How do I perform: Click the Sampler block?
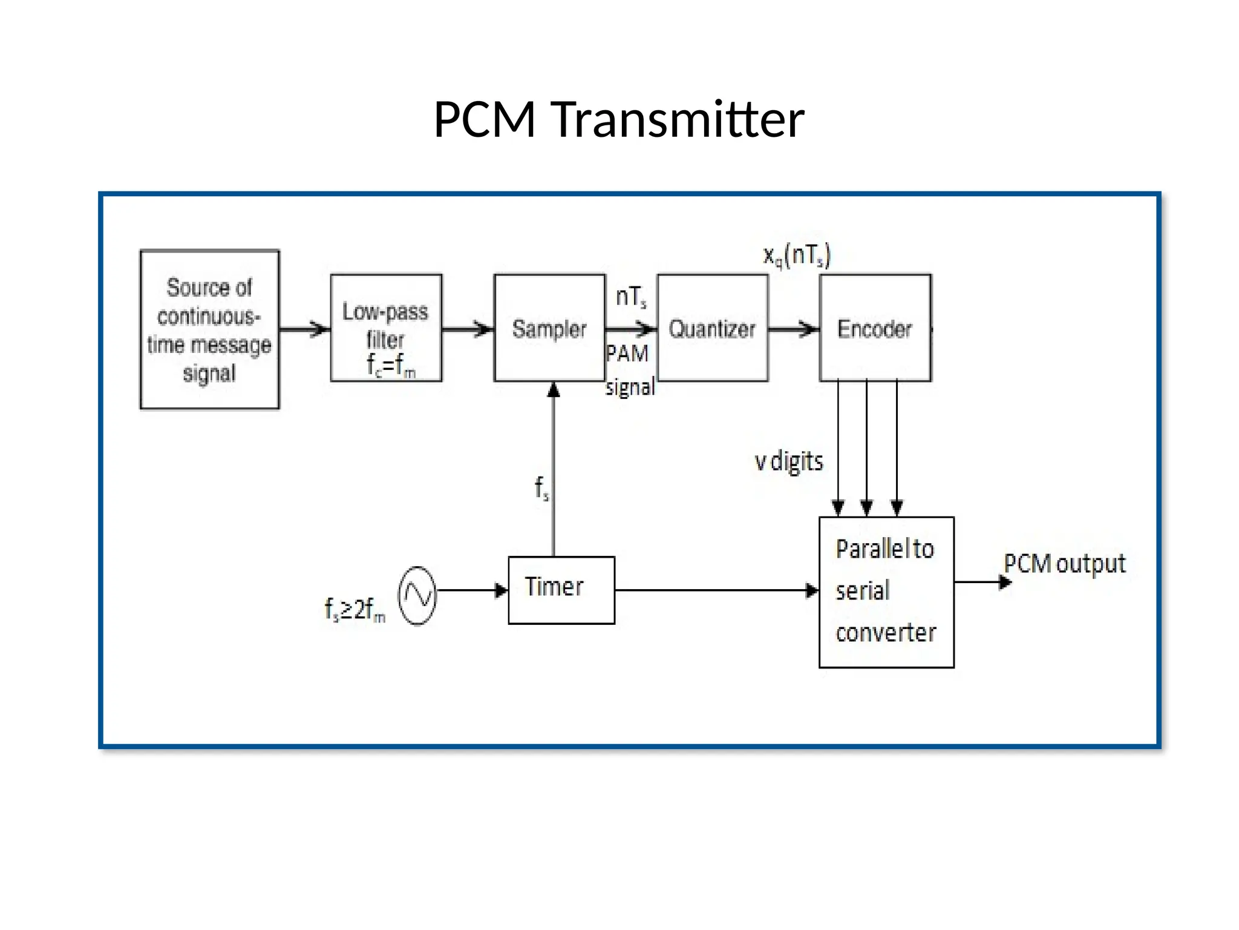coord(549,328)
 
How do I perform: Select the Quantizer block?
coord(712,328)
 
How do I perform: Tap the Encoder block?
coord(875,328)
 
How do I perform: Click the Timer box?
coord(561,590)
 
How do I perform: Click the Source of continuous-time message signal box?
coord(209,329)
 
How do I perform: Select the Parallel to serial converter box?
coord(886,592)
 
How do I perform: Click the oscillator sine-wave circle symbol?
coord(417,596)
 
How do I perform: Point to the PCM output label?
coord(1065,564)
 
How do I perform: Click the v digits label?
coord(789,461)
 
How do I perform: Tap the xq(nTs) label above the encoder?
coord(797,256)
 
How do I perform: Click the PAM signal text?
coord(629,369)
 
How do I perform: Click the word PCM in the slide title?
coord(485,119)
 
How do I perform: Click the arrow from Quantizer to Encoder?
coord(794,329)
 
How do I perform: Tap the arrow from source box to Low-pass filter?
coord(305,329)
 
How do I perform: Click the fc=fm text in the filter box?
coord(391,365)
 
